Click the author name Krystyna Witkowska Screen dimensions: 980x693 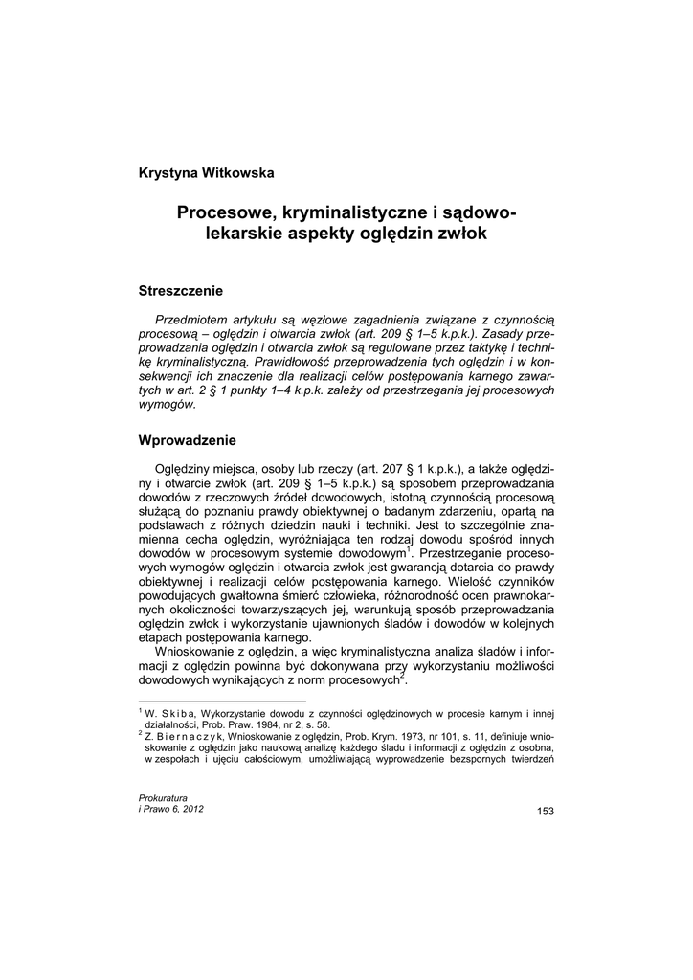pos(206,173)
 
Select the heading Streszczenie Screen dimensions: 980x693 pos(181,290)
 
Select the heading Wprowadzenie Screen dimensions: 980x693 pos(187,440)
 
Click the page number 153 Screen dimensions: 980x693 pos(546,812)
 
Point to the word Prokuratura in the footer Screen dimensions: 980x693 pos(163,798)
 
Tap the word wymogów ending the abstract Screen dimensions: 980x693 pos(168,404)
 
